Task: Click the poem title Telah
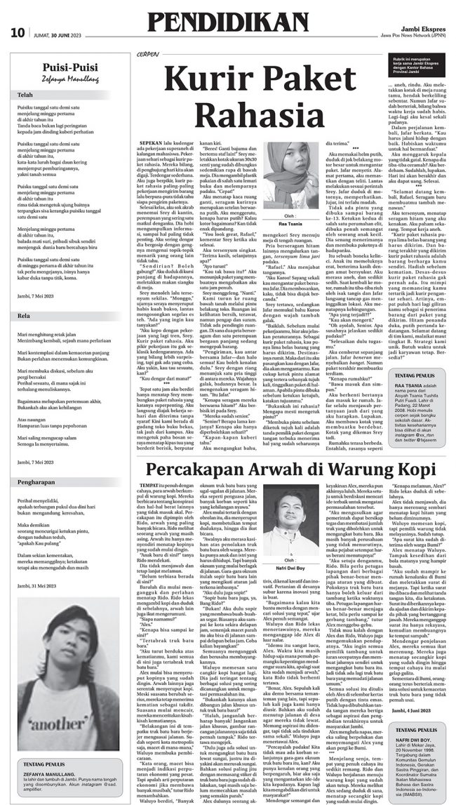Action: click(x=25, y=94)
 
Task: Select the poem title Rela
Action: click(x=25, y=295)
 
